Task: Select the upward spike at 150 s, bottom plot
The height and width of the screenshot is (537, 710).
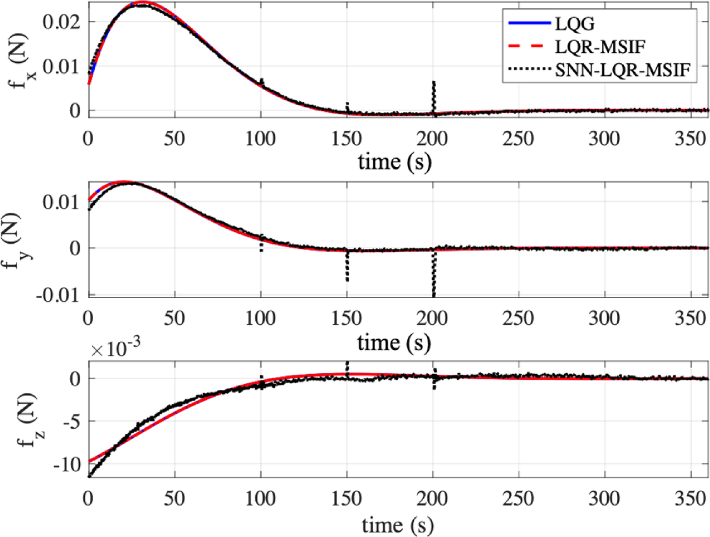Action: tap(347, 368)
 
